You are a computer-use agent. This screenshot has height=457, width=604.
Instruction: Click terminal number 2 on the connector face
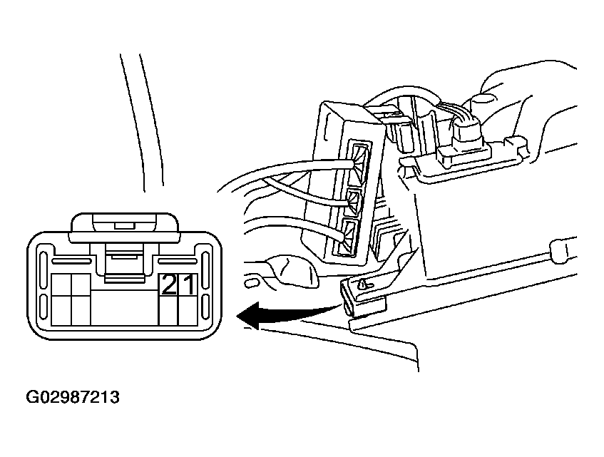(168, 285)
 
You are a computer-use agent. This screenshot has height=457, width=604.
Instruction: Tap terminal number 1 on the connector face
(188, 285)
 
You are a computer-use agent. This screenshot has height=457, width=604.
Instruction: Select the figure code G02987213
(73, 397)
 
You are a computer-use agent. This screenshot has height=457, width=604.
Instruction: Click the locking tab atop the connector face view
(124, 227)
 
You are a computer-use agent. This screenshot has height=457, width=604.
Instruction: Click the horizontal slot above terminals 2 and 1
(178, 262)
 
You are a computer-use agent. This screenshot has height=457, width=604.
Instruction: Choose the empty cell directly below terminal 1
(188, 310)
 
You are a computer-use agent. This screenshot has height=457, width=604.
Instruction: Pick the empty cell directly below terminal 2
(168, 310)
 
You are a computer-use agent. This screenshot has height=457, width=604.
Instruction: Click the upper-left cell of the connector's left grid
(61, 284)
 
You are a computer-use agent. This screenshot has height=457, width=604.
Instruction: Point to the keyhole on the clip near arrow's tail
(364, 285)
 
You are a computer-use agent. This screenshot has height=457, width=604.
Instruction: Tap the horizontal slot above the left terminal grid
(71, 262)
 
